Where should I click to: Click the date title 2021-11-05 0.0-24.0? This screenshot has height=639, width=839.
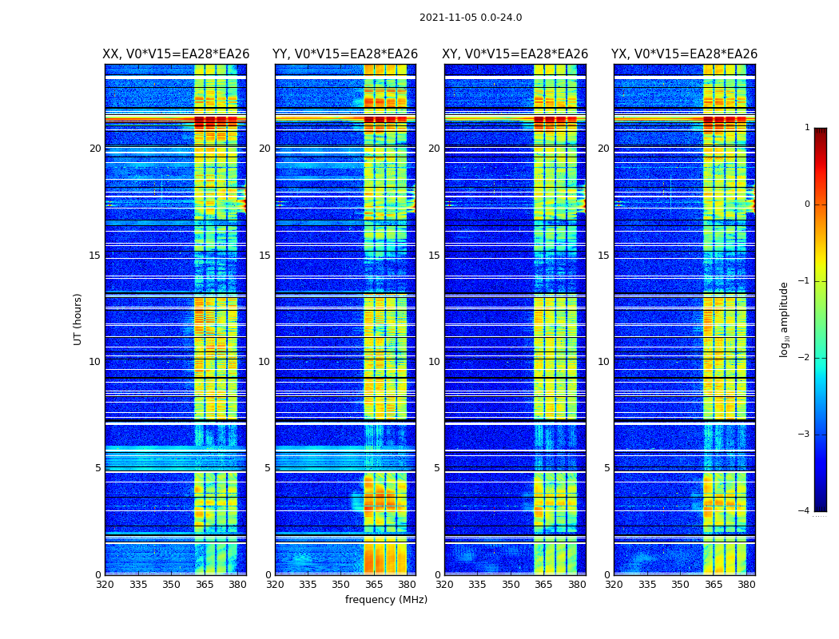[x=471, y=18]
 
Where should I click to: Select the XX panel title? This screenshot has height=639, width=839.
[x=176, y=54]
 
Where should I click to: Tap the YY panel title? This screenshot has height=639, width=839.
[x=345, y=54]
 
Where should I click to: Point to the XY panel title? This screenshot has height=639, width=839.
[x=515, y=54]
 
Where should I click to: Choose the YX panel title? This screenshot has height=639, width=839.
[x=685, y=54]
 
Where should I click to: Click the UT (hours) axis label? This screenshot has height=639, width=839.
[x=78, y=319]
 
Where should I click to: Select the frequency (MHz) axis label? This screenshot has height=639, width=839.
[x=386, y=600]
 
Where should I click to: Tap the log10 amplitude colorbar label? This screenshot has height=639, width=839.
[x=785, y=319]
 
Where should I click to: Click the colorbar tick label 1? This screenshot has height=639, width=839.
[x=807, y=128]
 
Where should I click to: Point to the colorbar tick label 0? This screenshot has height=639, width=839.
[x=807, y=204]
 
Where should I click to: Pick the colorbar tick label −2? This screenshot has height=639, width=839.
[x=805, y=359]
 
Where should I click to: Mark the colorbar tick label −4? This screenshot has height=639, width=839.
[x=805, y=511]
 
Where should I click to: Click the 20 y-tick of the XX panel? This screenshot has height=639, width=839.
[x=95, y=149]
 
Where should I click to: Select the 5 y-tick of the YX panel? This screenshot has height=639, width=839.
[x=606, y=468]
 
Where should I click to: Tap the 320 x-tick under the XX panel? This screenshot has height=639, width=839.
[x=105, y=585]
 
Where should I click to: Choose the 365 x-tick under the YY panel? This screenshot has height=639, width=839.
[x=374, y=585]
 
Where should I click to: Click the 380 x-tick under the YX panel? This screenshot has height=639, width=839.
[x=746, y=585]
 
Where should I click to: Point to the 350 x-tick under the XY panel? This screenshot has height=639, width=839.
[x=511, y=585]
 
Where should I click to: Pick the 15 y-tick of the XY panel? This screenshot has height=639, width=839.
[x=434, y=256]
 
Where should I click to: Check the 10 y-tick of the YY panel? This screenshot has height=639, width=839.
[x=264, y=362]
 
